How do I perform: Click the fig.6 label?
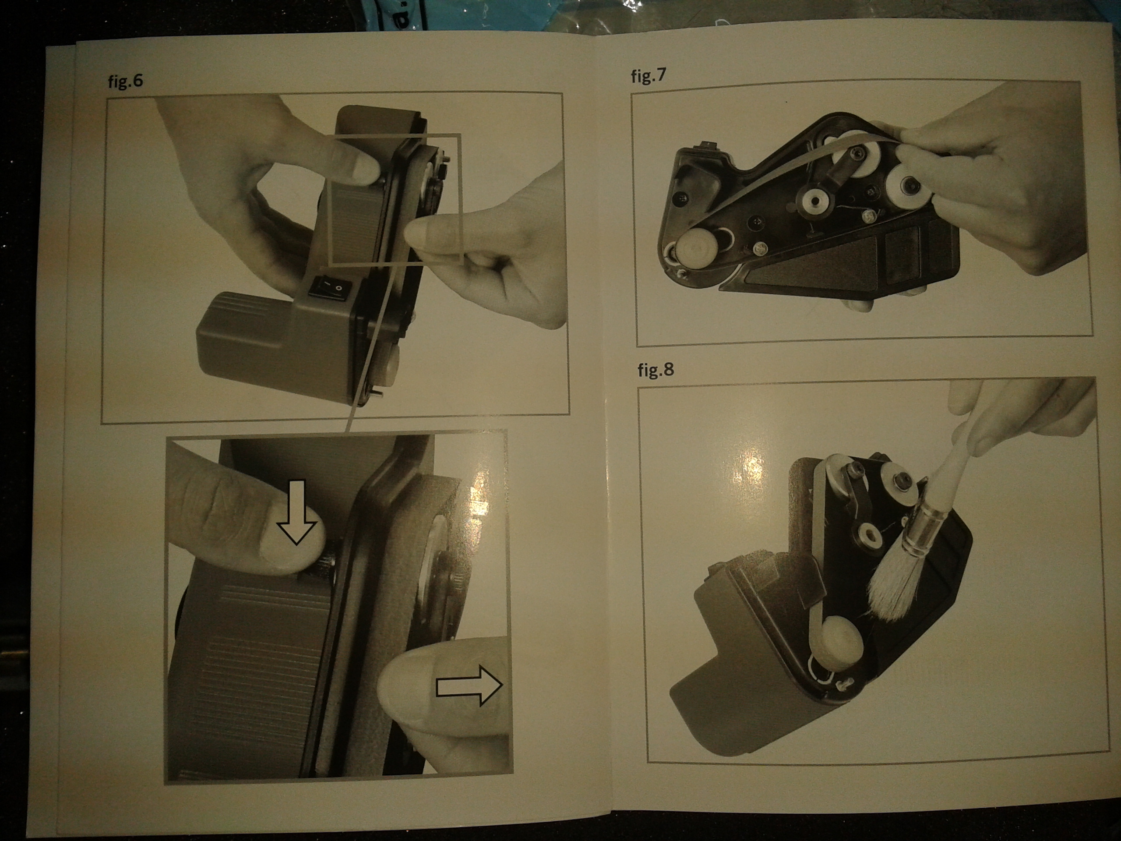125,81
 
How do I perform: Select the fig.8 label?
656,370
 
